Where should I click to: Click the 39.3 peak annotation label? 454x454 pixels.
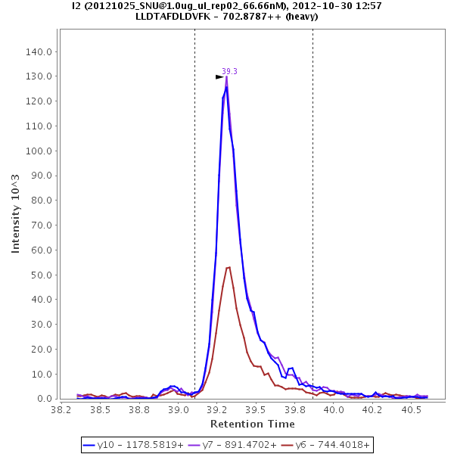coord(229,71)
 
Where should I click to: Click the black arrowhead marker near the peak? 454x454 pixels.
coord(219,76)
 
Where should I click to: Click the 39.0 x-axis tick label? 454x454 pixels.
coord(179,410)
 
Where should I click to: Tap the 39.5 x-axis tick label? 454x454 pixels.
coord(257,410)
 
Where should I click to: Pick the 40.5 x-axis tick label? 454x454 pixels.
coord(411,410)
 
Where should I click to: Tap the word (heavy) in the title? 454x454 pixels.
coord(301,17)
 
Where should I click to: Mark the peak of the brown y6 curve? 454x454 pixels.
coord(229,267)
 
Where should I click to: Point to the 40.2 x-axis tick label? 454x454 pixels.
coord(372,410)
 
